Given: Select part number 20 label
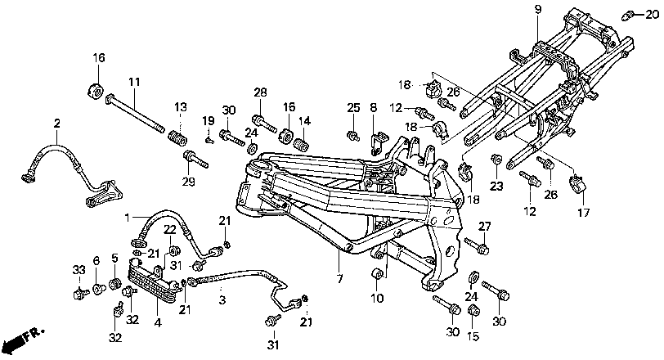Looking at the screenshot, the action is [652, 15].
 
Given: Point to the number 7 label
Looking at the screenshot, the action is [339, 278].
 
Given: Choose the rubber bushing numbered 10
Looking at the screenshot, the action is [378, 274].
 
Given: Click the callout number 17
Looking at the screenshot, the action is [584, 213].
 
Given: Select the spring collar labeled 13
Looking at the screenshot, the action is [179, 138].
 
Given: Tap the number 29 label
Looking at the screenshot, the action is [189, 182].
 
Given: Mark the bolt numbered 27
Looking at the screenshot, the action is [477, 246].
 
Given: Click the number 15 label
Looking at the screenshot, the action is [473, 335].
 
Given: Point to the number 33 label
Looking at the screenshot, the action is [79, 270].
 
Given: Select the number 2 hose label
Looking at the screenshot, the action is [57, 124].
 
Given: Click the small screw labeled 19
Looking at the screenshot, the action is [209, 139].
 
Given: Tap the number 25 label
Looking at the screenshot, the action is [353, 107].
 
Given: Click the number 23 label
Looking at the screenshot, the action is [496, 186].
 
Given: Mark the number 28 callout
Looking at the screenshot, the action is [260, 92].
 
